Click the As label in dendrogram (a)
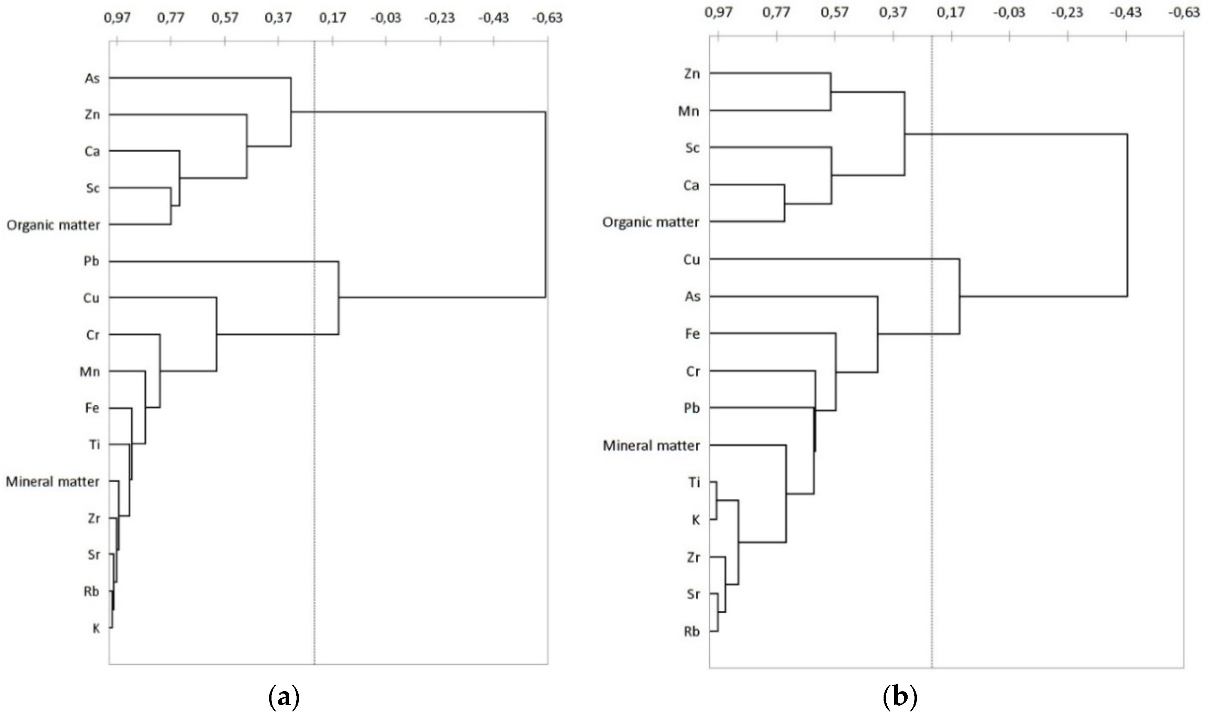pos(92,78)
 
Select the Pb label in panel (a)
pos(91,262)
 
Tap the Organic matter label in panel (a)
pos(53,225)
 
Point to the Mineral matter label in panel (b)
pos(651,445)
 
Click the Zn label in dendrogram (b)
pos(692,74)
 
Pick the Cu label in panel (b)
pos(692,260)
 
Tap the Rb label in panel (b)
pos(692,632)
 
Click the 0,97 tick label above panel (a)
pos(117,18)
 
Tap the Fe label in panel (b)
pos(692,334)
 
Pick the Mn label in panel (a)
pos(90,372)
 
